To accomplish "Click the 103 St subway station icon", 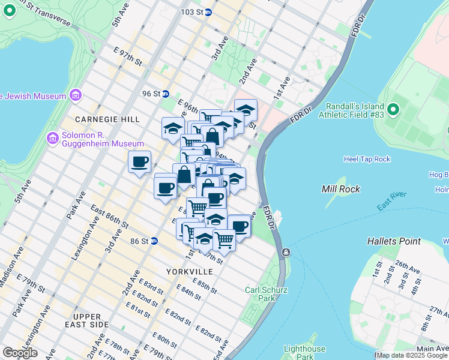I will tap(208, 12).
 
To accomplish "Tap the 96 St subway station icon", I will tap(164, 94).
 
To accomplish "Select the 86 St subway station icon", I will tap(154, 241).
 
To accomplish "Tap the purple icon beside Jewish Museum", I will tap(76, 95).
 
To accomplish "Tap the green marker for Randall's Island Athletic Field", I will tap(393, 109).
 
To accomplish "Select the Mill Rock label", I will tap(340, 189).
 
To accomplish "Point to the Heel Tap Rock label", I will tap(367, 159).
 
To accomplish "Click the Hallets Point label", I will tap(394, 241).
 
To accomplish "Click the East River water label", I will tap(391, 201).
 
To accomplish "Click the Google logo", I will tap(20, 353).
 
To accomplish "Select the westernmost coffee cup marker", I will tap(139, 161).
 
